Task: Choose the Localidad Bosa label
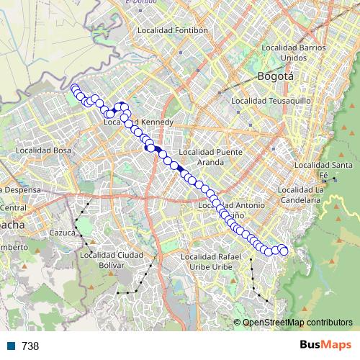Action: click(38, 150)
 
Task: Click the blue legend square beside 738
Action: click(11, 346)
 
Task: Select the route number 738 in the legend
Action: click(30, 346)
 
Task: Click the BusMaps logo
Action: click(325, 346)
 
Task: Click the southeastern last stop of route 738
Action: click(283, 251)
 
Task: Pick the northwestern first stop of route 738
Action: click(74, 89)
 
